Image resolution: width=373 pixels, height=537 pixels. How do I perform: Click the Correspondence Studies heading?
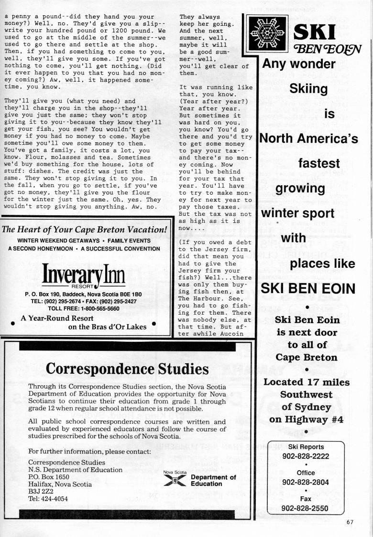127,369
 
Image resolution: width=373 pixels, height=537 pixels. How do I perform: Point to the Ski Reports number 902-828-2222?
306,456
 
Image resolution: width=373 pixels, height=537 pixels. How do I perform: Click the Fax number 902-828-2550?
306,508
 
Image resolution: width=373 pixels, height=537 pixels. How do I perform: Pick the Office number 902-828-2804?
306,482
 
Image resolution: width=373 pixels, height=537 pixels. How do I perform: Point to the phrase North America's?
308,138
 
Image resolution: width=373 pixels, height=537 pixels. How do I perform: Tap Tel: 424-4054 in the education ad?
48,499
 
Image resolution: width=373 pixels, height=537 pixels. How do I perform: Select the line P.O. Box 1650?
49,477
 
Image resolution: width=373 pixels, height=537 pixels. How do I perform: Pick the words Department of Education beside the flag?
213,480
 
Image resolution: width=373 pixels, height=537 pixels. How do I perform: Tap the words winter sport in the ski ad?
297,213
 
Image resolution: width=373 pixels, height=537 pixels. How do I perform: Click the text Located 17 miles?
306,382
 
